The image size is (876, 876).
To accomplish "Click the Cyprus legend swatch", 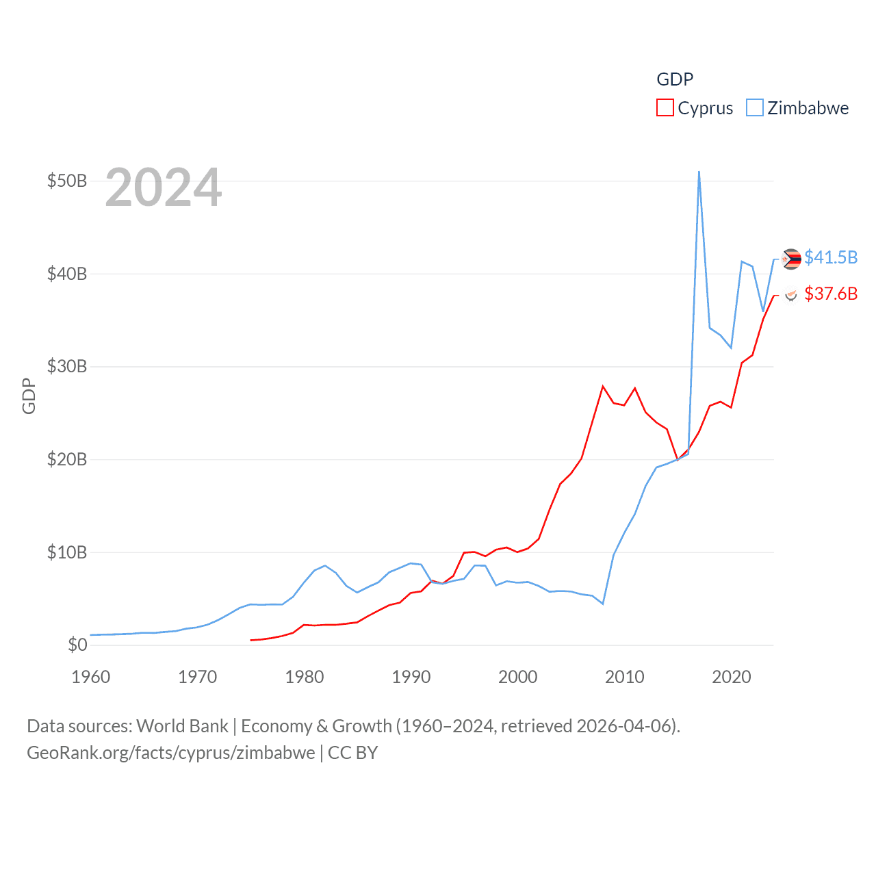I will pyautogui.click(x=665, y=108).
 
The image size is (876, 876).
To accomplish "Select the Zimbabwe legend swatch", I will pyautogui.click(x=754, y=108).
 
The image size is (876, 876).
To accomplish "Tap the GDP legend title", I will pyautogui.click(x=675, y=79).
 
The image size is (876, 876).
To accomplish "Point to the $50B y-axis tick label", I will pyautogui.click(x=67, y=181).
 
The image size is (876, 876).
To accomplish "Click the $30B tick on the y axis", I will pyautogui.click(x=67, y=366).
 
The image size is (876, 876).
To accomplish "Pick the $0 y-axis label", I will pyautogui.click(x=77, y=645).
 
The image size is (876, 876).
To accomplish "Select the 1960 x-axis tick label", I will pyautogui.click(x=91, y=677).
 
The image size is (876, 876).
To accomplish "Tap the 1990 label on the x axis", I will pyautogui.click(x=411, y=677).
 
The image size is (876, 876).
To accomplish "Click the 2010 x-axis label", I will pyautogui.click(x=625, y=677).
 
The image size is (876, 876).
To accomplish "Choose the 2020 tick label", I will pyautogui.click(x=732, y=677).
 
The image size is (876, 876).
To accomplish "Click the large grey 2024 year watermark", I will pyautogui.click(x=164, y=188).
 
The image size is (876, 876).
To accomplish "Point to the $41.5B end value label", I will pyautogui.click(x=831, y=257).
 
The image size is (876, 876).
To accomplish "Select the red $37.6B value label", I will pyautogui.click(x=831, y=294).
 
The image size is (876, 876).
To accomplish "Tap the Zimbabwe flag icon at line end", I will pyautogui.click(x=792, y=259).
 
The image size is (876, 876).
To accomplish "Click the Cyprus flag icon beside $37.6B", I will pyautogui.click(x=791, y=295).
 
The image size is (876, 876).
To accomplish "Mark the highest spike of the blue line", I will pyautogui.click(x=699, y=172).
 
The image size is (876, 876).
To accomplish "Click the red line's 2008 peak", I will pyautogui.click(x=603, y=387).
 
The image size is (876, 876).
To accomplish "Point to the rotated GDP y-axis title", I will pyautogui.click(x=29, y=396).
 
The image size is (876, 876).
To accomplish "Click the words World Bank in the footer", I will pyautogui.click(x=183, y=725).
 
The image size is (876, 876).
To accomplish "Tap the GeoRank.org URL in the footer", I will pyautogui.click(x=171, y=753).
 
